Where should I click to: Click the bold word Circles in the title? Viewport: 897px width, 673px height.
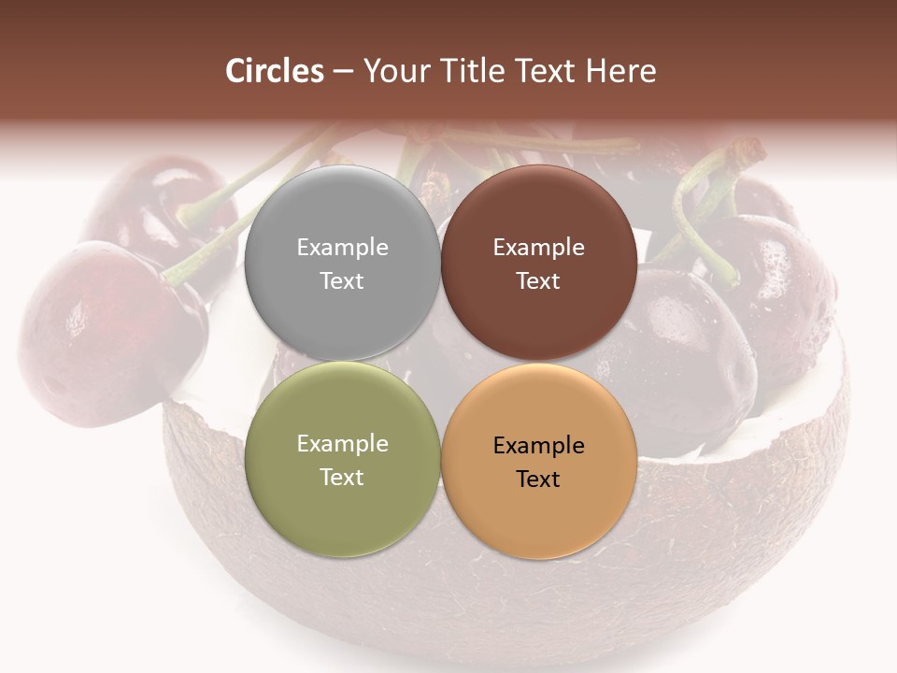coord(275,71)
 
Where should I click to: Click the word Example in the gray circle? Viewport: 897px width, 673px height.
coord(342,248)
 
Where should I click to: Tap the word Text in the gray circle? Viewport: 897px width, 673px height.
coord(342,281)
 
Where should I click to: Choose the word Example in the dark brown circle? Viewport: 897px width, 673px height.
coord(539,248)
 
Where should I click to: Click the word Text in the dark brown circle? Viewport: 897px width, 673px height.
coord(539,281)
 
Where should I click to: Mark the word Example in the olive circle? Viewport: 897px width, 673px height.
coord(342,444)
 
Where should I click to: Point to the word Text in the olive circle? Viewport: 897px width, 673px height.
coord(342,478)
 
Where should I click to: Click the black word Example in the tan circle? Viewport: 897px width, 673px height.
coord(539,446)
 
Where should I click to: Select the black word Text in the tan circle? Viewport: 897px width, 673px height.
coord(539,480)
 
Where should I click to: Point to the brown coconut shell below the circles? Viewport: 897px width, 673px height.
coord(523,598)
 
